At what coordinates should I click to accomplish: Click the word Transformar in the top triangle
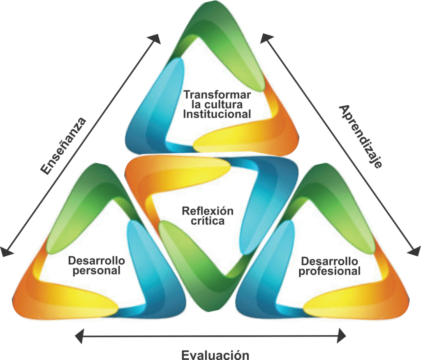click(217, 95)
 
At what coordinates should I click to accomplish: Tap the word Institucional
click(217, 114)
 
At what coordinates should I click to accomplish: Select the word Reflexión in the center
click(208, 211)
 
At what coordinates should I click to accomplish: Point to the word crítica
click(208, 221)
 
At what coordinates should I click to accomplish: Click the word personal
click(96, 271)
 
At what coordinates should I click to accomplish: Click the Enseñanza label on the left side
click(63, 146)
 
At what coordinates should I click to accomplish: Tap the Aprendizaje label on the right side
click(360, 137)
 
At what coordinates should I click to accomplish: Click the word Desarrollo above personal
click(96, 260)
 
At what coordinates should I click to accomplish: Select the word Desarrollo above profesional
click(329, 261)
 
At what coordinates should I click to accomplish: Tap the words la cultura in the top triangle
click(217, 105)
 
